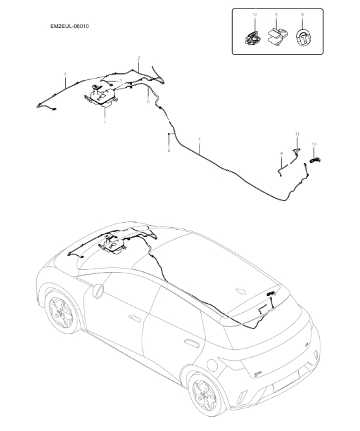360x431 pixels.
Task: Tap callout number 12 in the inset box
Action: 255,14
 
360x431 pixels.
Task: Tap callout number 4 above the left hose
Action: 66,75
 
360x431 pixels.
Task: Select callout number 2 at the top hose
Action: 139,58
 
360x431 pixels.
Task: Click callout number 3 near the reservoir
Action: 120,81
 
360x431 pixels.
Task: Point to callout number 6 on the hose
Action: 148,101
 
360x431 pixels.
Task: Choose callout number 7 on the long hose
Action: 199,140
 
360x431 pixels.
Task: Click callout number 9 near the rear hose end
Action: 281,153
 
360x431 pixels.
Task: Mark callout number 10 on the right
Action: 314,144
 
